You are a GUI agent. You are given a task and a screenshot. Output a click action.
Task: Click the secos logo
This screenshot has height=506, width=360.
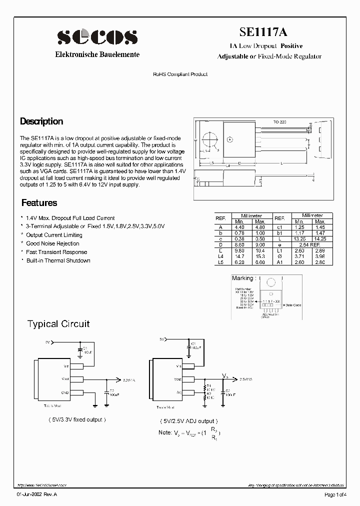point(97,37)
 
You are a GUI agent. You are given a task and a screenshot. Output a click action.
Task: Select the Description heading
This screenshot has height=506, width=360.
point(41,121)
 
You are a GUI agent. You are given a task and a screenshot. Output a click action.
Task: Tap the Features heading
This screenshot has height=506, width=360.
point(39,203)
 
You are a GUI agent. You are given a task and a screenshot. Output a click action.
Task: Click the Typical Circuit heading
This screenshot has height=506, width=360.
point(58,324)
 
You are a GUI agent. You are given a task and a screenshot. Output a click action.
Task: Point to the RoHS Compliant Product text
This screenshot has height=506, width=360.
point(180,74)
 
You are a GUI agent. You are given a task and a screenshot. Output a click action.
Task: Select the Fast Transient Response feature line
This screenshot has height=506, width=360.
point(56,252)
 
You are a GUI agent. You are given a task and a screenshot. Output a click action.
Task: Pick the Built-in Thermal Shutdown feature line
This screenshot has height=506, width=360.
point(58,260)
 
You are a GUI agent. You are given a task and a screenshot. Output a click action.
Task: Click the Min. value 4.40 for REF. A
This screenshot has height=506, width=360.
point(239,226)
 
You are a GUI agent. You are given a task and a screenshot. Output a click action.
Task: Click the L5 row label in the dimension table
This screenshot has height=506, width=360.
point(220,262)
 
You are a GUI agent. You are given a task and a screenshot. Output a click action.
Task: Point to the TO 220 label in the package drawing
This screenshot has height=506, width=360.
point(279,122)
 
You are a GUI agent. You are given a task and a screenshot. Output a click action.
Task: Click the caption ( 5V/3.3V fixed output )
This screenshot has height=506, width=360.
point(77,419)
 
